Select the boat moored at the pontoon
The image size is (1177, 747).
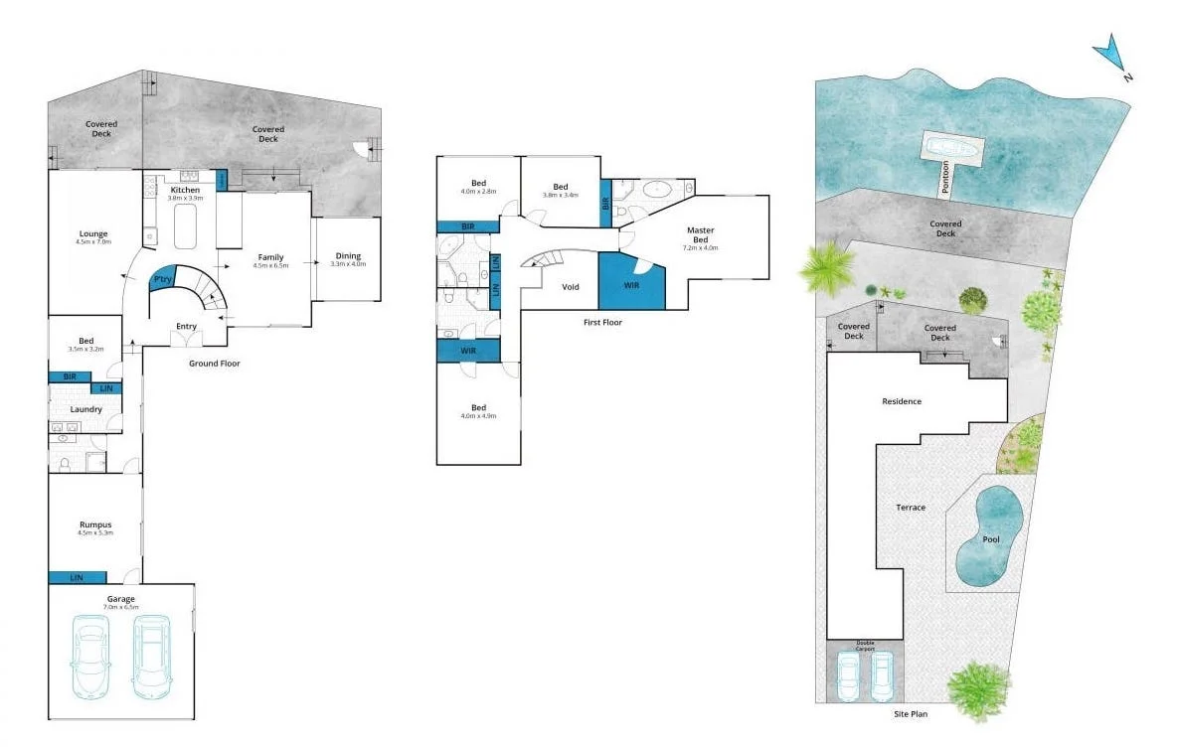952,148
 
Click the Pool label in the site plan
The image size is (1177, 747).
990,539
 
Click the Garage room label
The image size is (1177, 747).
121,600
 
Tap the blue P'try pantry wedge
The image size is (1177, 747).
162,281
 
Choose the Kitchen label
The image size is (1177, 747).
185,190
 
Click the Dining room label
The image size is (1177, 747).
348,257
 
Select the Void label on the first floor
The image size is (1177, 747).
570,287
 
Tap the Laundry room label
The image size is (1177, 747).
85,409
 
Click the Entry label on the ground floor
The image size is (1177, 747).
186,326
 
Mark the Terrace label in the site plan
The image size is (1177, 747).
910,508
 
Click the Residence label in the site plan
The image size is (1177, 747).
902,401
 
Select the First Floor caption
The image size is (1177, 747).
603,322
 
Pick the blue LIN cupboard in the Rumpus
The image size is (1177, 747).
78,577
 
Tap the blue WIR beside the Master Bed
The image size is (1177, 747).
630,285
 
